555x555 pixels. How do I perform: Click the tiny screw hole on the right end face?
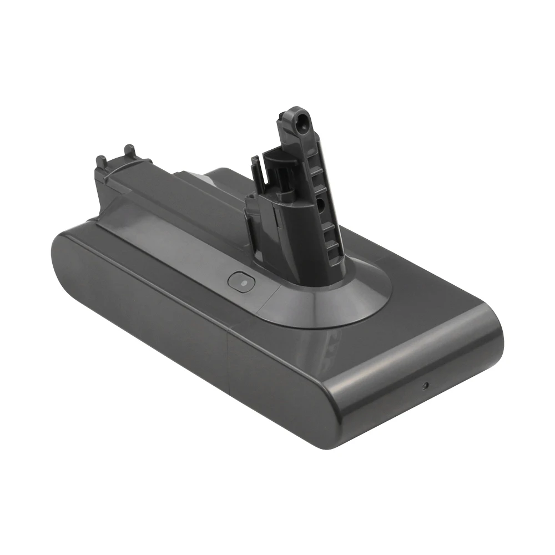point(425,385)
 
